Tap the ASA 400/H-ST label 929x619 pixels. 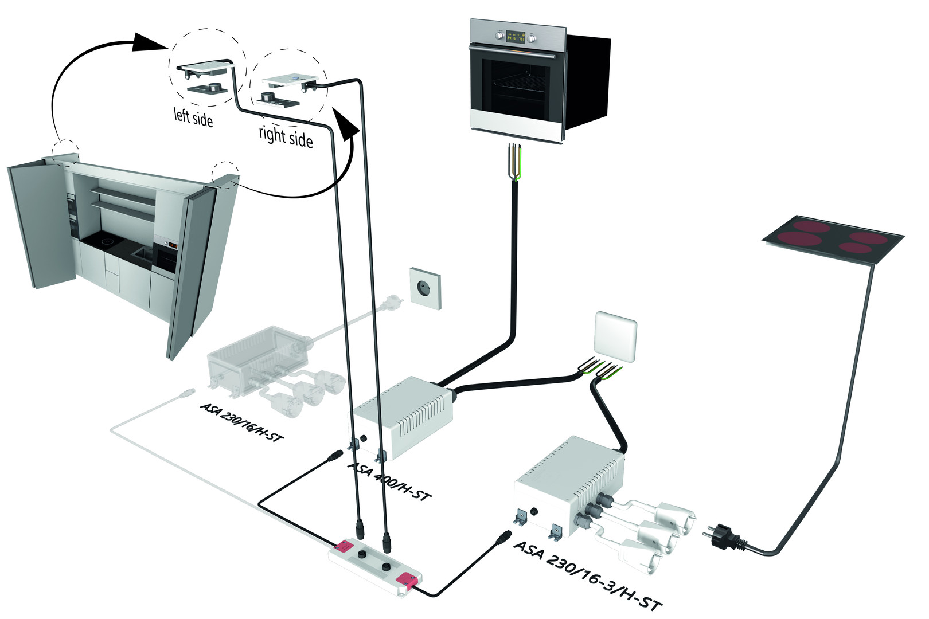(x=389, y=480)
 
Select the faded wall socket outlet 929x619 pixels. (x=426, y=288)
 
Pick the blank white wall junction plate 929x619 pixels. (x=616, y=336)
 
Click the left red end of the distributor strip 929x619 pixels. (x=346, y=546)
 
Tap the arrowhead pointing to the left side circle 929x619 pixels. (x=150, y=42)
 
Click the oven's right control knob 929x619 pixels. (x=532, y=38)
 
